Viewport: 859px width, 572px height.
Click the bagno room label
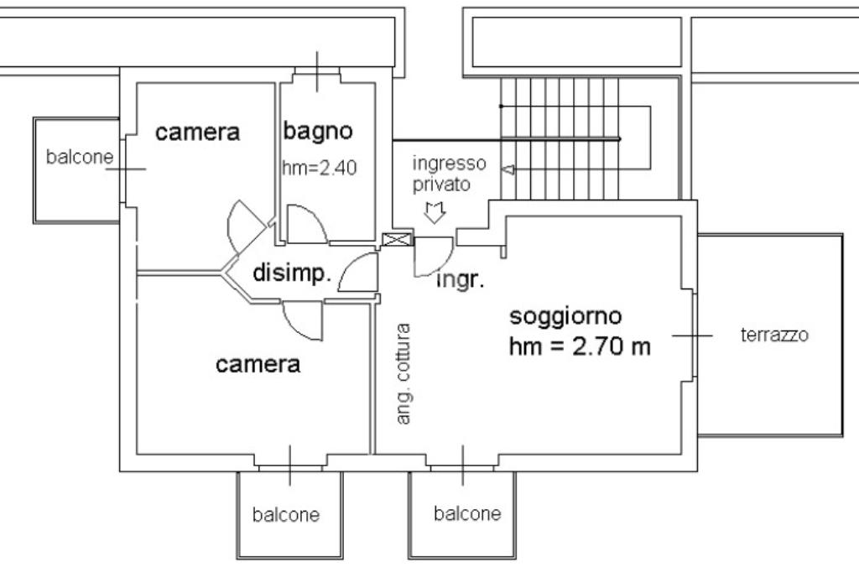pyautogui.click(x=318, y=132)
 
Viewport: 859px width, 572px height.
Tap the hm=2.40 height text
pyautogui.click(x=320, y=168)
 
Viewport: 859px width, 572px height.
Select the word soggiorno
pyautogui.click(x=566, y=317)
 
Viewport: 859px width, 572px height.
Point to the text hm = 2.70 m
pyautogui.click(x=580, y=346)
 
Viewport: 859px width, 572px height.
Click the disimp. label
pyautogui.click(x=292, y=273)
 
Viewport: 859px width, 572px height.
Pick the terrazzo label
pyautogui.click(x=774, y=334)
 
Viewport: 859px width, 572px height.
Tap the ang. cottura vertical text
pyautogui.click(x=403, y=374)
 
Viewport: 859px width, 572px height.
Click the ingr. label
pyautogui.click(x=461, y=280)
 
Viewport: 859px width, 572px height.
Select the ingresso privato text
pyautogui.click(x=450, y=174)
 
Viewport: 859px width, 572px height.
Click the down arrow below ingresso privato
pyautogui.click(x=435, y=212)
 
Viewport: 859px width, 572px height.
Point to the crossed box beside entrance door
pyautogui.click(x=397, y=239)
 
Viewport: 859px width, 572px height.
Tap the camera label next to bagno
pyautogui.click(x=198, y=132)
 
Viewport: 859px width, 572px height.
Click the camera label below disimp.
pyautogui.click(x=258, y=364)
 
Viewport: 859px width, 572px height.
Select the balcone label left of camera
pyautogui.click(x=80, y=157)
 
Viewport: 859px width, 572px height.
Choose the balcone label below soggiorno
pyautogui.click(x=467, y=513)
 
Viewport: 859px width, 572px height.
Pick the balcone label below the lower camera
pyautogui.click(x=286, y=514)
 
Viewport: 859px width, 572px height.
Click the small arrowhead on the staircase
pyautogui.click(x=508, y=170)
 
